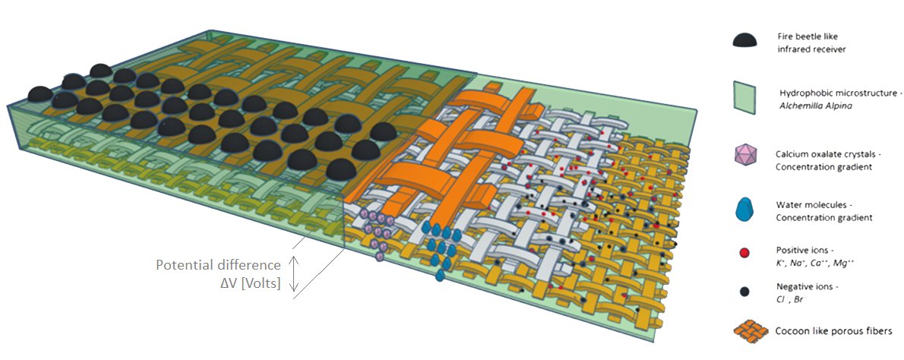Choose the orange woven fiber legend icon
pyautogui.click(x=752, y=331)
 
